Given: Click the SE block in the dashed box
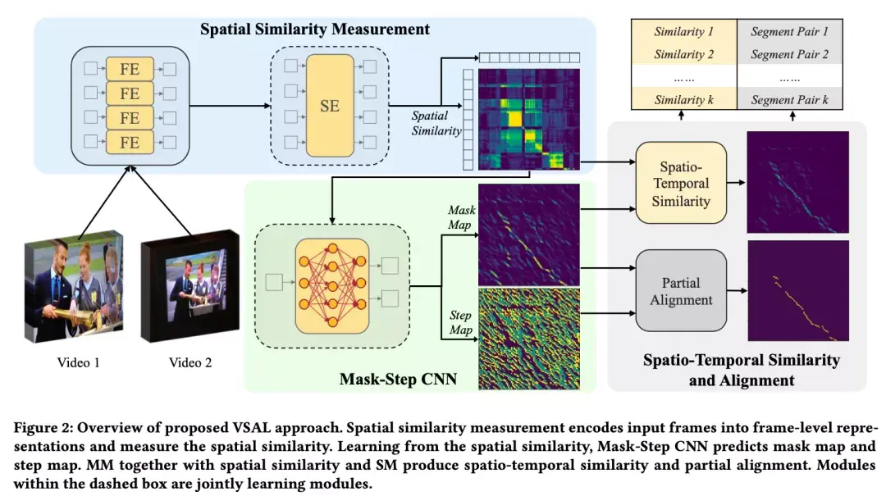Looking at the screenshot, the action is [330, 106].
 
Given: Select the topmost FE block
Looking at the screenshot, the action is [130, 69].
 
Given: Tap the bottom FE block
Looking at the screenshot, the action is [130, 142].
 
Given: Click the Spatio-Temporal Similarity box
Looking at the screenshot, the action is [681, 183].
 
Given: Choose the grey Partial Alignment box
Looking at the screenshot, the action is [681, 290].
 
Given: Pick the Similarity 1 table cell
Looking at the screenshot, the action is [683, 32].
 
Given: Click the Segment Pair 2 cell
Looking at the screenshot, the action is [789, 54].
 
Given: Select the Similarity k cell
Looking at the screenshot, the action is [683, 99].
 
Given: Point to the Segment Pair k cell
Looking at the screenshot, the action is [789, 99].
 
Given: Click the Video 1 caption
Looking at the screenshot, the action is [79, 362].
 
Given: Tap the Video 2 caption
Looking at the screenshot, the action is [190, 362].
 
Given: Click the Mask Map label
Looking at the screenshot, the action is [461, 217].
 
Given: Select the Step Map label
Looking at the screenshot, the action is [460, 322].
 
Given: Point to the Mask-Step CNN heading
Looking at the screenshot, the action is [399, 379].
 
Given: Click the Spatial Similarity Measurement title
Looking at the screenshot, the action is [315, 29].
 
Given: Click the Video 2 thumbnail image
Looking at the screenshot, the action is [190, 285].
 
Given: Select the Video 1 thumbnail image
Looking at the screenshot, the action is [74, 286].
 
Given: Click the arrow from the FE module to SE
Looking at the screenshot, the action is [230, 106].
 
